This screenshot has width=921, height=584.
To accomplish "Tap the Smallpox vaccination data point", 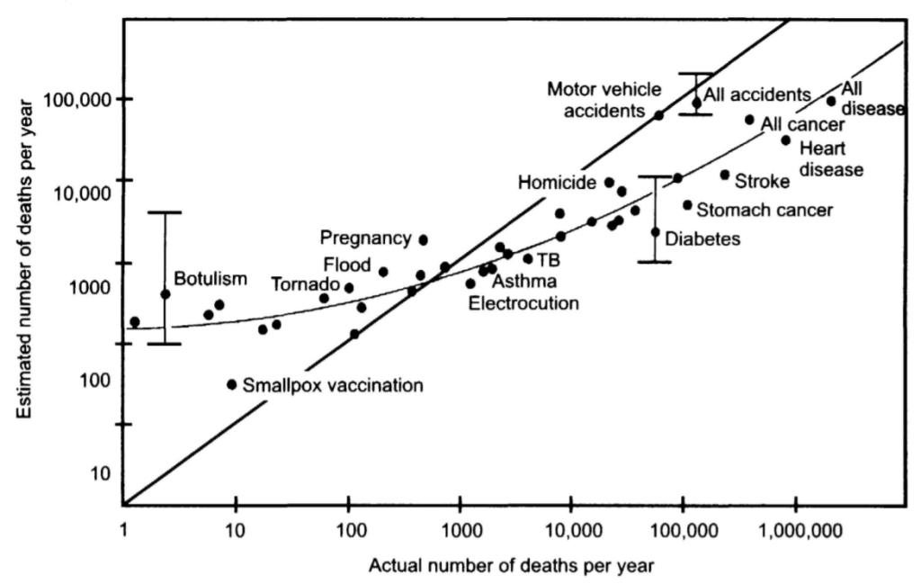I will click(x=232, y=384).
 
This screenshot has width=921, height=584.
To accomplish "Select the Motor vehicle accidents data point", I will click(x=658, y=115).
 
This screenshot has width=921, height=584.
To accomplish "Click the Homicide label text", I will click(x=558, y=183).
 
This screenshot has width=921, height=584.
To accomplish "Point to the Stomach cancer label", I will click(x=765, y=211).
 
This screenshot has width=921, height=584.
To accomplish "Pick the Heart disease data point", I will click(x=785, y=139).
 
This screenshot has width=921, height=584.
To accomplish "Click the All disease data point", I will click(x=831, y=101).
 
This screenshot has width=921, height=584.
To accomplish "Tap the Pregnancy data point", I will click(x=424, y=239).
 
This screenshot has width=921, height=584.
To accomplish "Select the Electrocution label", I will click(x=524, y=303).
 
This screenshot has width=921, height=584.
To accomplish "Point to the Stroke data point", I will click(x=725, y=175).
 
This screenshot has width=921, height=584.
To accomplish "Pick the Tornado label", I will click(x=305, y=284).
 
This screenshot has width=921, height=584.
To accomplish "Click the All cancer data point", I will click(x=749, y=120).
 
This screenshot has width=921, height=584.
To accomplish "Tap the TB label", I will click(x=548, y=260).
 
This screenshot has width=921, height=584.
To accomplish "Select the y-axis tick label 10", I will click(x=101, y=473).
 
